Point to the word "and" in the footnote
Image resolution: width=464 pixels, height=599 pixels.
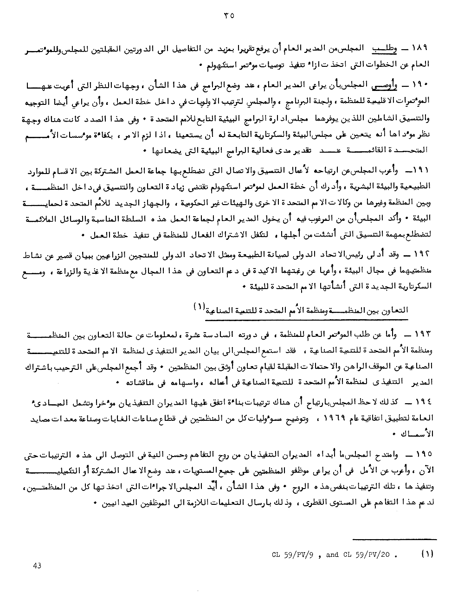pos(332,554)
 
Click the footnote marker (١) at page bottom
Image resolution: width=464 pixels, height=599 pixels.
pos(427,554)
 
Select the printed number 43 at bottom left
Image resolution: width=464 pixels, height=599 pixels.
pos(38,565)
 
